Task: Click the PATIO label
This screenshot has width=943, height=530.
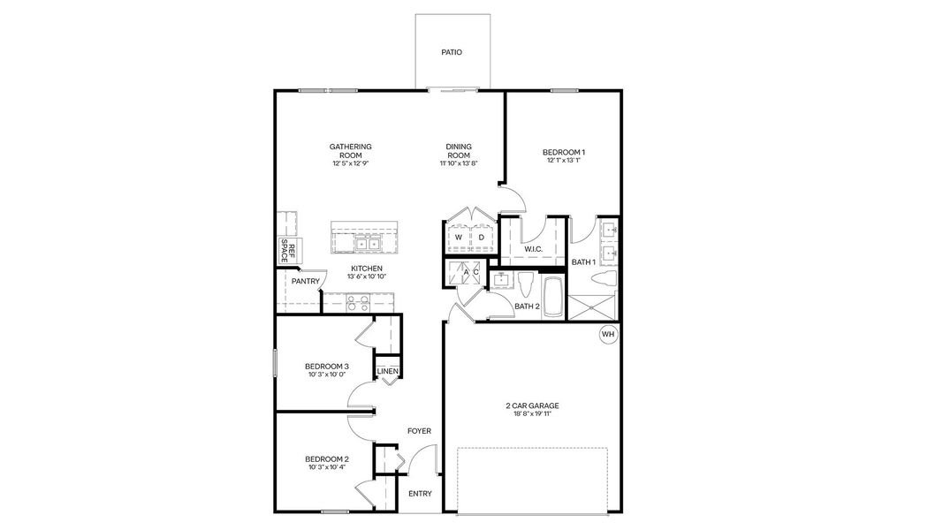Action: [451, 52]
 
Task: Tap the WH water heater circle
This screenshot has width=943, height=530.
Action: [607, 334]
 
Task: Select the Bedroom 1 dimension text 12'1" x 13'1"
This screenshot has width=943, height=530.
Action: [563, 161]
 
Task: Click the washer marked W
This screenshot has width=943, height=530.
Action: [459, 238]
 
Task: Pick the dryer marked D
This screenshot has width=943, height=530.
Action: [482, 238]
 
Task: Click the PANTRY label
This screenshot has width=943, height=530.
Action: [305, 281]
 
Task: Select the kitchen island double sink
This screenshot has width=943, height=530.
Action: [367, 243]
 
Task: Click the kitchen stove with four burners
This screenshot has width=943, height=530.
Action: [357, 303]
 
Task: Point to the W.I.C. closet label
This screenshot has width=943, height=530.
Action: [532, 249]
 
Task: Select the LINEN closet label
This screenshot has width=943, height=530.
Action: [387, 371]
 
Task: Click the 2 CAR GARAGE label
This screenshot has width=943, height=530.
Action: [532, 406]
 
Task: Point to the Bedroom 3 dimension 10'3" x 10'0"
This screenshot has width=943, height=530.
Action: [326, 375]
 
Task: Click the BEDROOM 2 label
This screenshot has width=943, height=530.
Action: [326, 458]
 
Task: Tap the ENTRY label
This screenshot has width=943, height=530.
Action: [420, 494]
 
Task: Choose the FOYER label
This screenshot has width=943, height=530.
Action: [419, 431]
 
